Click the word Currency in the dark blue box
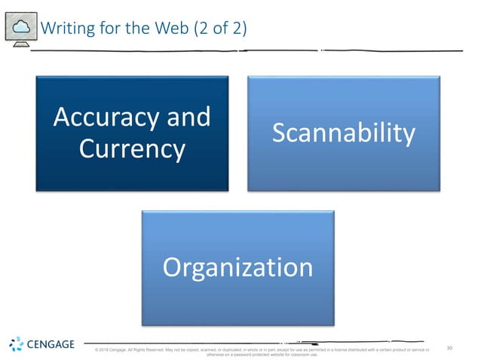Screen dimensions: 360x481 point(132,148)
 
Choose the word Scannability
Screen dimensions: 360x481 point(344,133)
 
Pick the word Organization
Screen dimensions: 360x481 point(238,267)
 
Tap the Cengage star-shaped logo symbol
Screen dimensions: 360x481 point(17,345)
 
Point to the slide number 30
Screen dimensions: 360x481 point(450,348)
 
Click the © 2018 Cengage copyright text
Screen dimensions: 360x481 point(113,350)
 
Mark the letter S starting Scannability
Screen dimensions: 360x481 point(279,133)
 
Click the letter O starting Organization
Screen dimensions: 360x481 point(173,267)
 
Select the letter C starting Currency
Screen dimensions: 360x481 point(87,148)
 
